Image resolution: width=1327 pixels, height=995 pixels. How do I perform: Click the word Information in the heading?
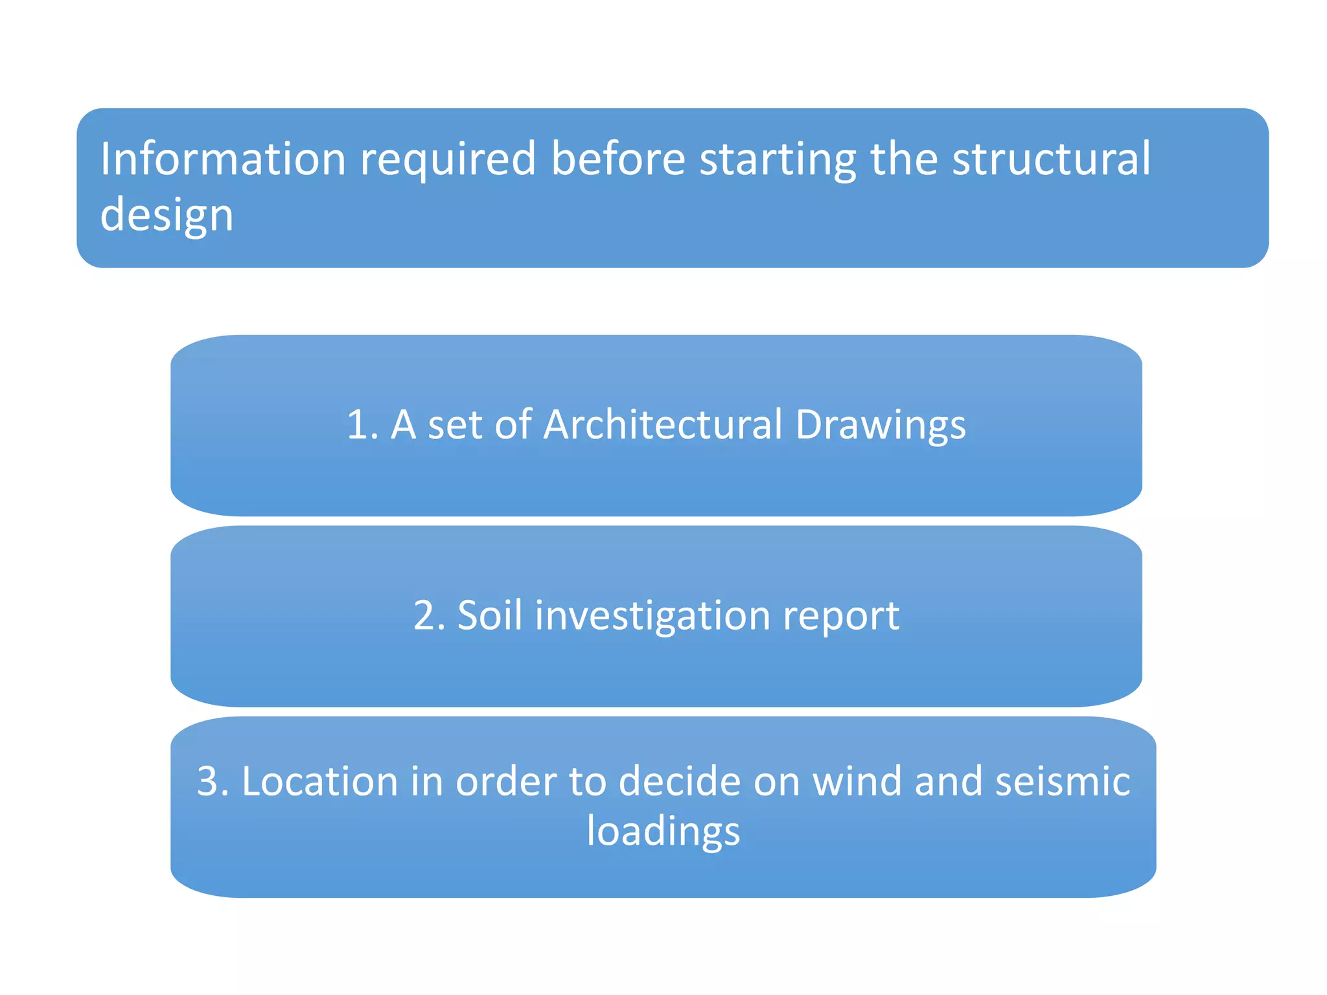[x=223, y=159]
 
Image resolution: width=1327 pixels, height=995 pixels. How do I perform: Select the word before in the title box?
[x=618, y=159]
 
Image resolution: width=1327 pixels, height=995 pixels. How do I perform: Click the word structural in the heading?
[x=1051, y=159]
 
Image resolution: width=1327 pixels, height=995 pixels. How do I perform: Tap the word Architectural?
[x=663, y=425]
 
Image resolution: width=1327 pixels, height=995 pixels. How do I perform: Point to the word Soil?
[x=490, y=615]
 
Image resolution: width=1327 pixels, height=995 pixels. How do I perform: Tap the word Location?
[x=319, y=781]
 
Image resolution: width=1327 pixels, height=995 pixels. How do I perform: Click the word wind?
[x=857, y=781]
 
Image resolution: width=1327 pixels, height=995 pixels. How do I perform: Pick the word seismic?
[x=1063, y=781]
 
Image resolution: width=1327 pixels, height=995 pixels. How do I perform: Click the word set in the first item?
[x=455, y=425]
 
